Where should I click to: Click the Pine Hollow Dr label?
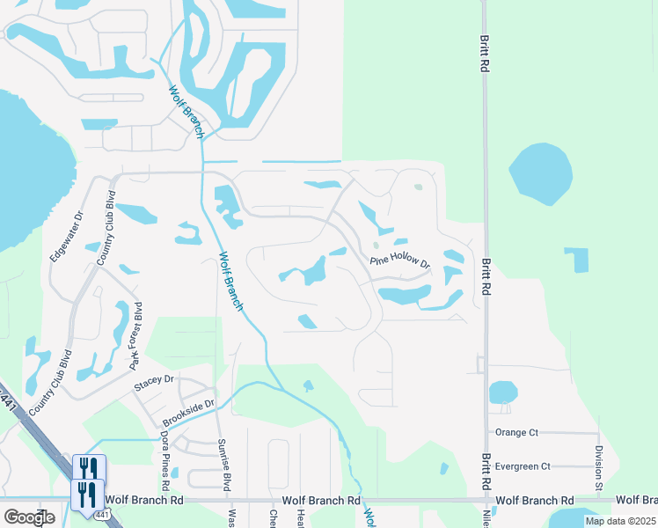(x=399, y=262)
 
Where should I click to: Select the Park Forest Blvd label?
(x=135, y=336)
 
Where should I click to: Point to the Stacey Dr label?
(x=154, y=383)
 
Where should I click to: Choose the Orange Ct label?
(x=516, y=432)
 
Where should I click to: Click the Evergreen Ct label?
(x=523, y=466)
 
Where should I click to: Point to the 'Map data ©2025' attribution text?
(x=620, y=521)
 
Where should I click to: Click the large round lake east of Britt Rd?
(x=540, y=173)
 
